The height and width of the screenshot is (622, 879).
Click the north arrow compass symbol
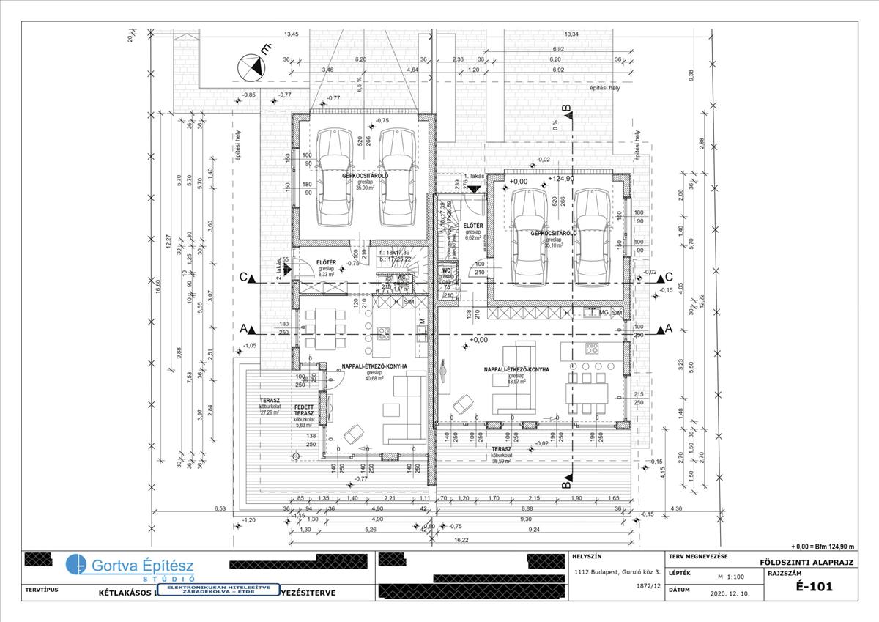tap(250, 70)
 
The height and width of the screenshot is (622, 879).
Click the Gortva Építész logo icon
tap(75, 565)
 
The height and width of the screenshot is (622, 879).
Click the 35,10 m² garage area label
tap(552, 245)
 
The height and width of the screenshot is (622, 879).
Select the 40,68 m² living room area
tap(374, 378)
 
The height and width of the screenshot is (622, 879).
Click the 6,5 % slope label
tap(359, 86)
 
